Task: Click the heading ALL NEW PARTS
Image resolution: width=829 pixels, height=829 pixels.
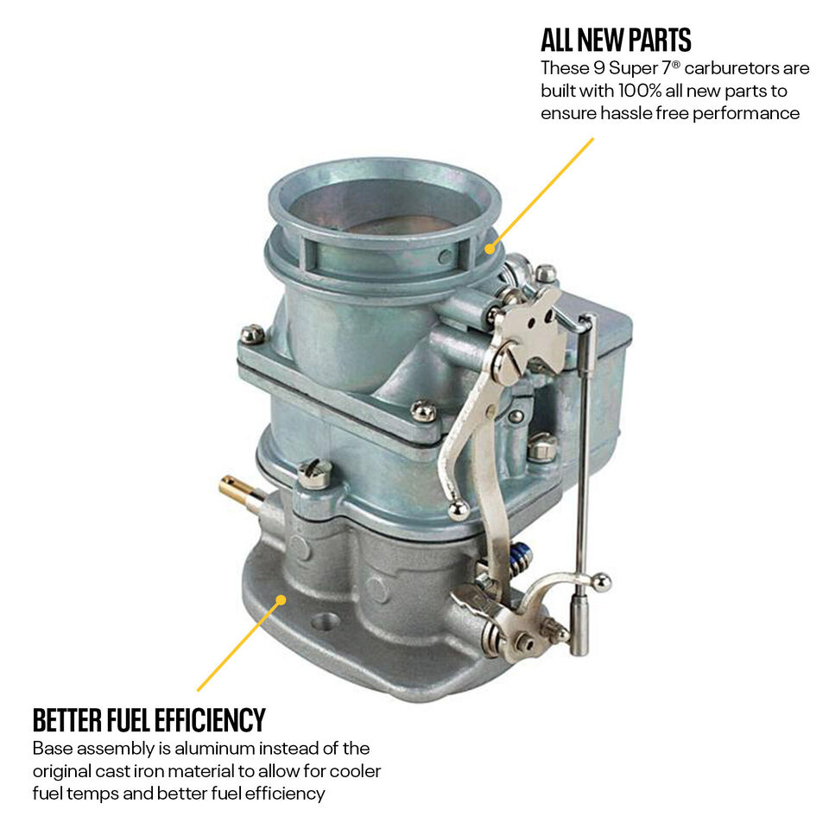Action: click(616, 41)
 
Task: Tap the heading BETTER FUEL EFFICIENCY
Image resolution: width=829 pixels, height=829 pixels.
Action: click(149, 719)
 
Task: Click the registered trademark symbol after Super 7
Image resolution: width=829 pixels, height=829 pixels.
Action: click(676, 65)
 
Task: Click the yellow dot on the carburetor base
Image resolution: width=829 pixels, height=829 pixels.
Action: click(282, 600)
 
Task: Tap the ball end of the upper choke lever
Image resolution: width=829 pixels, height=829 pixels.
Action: click(458, 510)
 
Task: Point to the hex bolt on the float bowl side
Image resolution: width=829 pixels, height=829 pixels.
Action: click(542, 447)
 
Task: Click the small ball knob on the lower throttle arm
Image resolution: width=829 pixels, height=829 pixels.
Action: click(601, 583)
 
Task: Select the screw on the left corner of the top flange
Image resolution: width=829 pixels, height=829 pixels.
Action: click(253, 333)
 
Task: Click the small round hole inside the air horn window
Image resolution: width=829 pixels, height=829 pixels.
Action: click(446, 257)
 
